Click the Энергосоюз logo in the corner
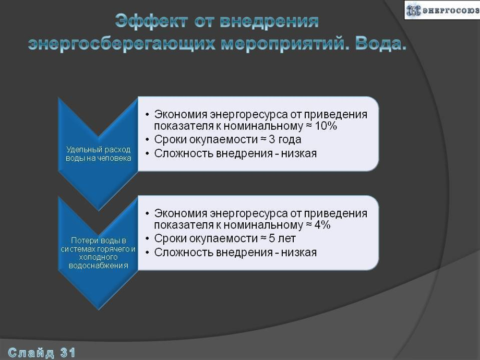[x=442, y=10]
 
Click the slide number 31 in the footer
[x=68, y=353]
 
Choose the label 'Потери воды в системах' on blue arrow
[x=98, y=252]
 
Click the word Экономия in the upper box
[x=181, y=115]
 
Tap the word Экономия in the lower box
[x=181, y=213]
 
